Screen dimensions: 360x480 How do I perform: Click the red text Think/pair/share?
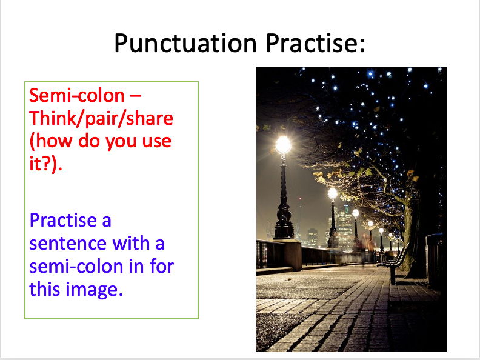pos(101,118)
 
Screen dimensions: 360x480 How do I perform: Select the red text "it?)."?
pos(47,164)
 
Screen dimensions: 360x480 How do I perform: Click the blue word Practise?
pos(70,220)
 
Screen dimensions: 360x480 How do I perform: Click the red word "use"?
pos(159,142)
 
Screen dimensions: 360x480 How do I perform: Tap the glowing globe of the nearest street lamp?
pos(282,144)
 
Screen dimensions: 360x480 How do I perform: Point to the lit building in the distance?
pos(344,224)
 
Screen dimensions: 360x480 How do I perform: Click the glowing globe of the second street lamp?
pos(332,194)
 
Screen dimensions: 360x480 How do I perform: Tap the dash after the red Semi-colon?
pos(137,96)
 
